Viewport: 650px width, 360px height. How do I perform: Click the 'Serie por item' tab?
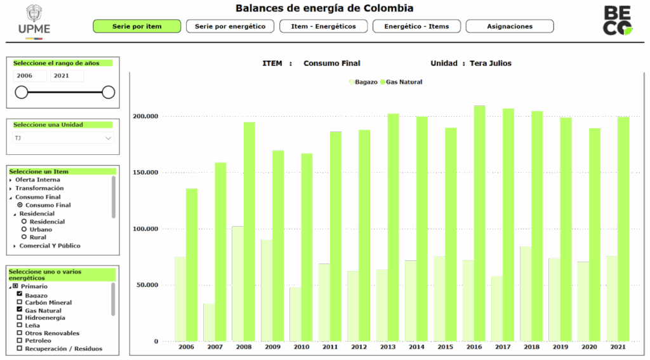137,27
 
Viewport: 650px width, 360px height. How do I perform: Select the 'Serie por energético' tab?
230,27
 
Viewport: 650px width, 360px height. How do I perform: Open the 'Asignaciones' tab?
510,27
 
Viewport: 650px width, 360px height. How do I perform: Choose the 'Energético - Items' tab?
416,27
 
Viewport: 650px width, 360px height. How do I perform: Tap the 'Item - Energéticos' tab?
323,27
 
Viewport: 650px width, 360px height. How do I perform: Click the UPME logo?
34,21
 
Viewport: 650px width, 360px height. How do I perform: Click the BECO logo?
617,20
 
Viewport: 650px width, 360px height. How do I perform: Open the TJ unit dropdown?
63,138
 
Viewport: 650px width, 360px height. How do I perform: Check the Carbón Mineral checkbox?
20,303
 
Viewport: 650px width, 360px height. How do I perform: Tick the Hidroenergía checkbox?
20,318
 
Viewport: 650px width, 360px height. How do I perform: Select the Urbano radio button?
24,229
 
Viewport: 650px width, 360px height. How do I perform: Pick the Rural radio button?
24,237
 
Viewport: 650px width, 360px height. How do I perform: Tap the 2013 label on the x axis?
388,347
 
